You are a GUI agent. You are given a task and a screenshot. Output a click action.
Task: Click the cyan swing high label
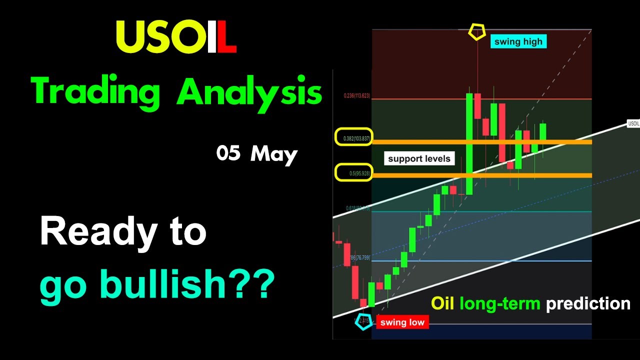pos(518,41)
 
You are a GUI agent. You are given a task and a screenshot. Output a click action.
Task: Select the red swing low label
pos(402,322)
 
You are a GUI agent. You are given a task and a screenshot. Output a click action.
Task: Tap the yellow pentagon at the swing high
pos(476,32)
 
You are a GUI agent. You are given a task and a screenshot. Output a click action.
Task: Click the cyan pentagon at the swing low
pos(363,321)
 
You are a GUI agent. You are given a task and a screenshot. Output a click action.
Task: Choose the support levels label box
pos(419,158)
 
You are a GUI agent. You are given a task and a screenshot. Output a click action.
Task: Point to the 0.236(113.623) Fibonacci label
pos(356,95)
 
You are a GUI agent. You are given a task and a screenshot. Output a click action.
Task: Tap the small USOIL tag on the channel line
pos(633,123)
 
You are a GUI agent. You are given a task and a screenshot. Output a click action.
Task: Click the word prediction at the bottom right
pos(588,303)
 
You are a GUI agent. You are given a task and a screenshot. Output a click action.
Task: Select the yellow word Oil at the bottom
pos(442,303)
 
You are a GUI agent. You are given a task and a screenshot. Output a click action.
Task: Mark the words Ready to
pos(123,232)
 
